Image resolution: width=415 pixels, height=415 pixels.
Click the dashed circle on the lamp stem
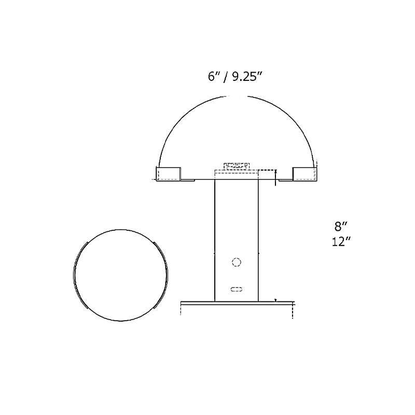pyautogui.click(x=237, y=262)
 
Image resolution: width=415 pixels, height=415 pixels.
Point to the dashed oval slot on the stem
pyautogui.click(x=237, y=288)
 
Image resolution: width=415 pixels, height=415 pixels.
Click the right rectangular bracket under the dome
pyautogui.click(x=305, y=174)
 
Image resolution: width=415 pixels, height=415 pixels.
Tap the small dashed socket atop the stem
pyautogui.click(x=237, y=166)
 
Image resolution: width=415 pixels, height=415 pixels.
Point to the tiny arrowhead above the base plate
pyautogui.click(x=275, y=300)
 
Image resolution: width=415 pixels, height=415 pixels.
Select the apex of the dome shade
pyautogui.click(x=237, y=96)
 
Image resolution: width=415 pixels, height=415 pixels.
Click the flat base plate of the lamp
pyautogui.click(x=237, y=302)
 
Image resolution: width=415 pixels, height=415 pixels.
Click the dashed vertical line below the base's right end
pyautogui.click(x=293, y=311)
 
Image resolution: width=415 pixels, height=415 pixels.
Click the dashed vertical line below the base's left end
pyautogui.click(x=180, y=311)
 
